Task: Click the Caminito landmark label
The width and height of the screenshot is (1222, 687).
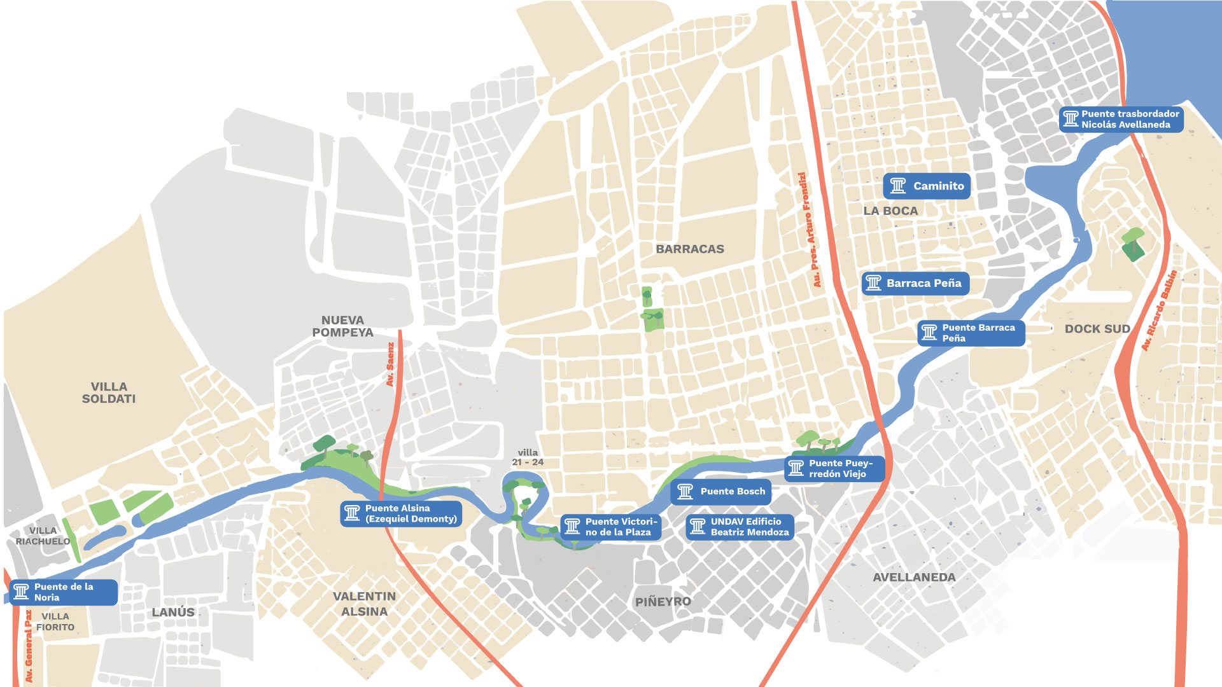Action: pos(927,186)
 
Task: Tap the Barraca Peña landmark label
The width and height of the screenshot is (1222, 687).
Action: pos(915,283)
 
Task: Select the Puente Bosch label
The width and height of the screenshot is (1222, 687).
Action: pos(720,492)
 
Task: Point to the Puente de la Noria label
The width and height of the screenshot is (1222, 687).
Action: pos(64,592)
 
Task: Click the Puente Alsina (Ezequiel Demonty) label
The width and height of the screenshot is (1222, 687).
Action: pos(401,513)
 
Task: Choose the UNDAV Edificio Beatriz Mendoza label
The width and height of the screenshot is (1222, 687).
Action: pos(740,527)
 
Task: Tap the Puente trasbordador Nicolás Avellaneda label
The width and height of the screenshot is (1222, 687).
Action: pos(1121,119)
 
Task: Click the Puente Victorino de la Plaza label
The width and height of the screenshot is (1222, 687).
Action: pos(611,527)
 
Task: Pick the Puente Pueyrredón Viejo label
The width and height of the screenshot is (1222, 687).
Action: pos(834,469)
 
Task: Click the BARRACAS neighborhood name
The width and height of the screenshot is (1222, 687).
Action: pos(690,249)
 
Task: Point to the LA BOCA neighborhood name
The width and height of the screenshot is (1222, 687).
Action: pos(890,211)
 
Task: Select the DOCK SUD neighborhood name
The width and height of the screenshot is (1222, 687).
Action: pos(1097,329)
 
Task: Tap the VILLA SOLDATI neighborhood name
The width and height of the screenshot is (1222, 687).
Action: pos(109,392)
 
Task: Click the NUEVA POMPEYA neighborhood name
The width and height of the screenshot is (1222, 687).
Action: pos(342,326)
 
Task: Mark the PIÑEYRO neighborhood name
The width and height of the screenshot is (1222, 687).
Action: pos(663,601)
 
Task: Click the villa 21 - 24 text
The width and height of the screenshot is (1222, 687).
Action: pos(528,457)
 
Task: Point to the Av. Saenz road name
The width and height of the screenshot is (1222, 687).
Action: pos(390,364)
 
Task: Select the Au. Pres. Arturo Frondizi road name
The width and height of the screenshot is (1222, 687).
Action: pos(809,229)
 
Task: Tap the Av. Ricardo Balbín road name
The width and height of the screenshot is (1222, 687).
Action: pos(1159,310)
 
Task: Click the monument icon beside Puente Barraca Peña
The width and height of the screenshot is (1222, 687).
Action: pos(929,333)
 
